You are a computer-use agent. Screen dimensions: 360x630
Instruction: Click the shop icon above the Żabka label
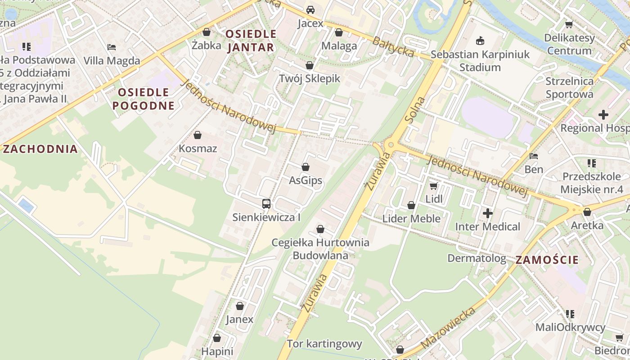point(207,32)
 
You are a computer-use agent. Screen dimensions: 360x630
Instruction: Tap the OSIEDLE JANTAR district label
point(251,40)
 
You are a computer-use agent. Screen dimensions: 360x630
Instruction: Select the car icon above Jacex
point(310,9)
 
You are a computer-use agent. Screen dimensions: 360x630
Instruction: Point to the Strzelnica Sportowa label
point(569,88)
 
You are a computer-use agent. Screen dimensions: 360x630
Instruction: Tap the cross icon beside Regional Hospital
point(603,115)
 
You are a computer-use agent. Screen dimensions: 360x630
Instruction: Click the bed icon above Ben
point(534,156)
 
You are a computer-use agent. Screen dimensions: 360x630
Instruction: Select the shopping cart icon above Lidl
point(434,186)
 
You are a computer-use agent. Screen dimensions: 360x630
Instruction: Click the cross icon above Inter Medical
point(488,213)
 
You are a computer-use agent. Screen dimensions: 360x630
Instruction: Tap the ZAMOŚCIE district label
point(547,260)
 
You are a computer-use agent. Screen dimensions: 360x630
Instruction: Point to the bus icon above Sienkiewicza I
point(266,203)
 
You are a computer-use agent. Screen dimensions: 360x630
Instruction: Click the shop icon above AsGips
point(306,167)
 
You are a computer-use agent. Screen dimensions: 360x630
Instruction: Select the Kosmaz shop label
point(198,148)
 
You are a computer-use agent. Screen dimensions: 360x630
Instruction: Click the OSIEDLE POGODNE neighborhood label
point(143,99)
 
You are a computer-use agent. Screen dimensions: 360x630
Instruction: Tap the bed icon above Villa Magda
point(112,47)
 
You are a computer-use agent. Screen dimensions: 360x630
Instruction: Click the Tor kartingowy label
point(324,344)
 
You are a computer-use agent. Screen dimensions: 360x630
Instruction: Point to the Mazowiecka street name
point(449,327)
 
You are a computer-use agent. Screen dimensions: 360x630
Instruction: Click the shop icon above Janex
point(240,306)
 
